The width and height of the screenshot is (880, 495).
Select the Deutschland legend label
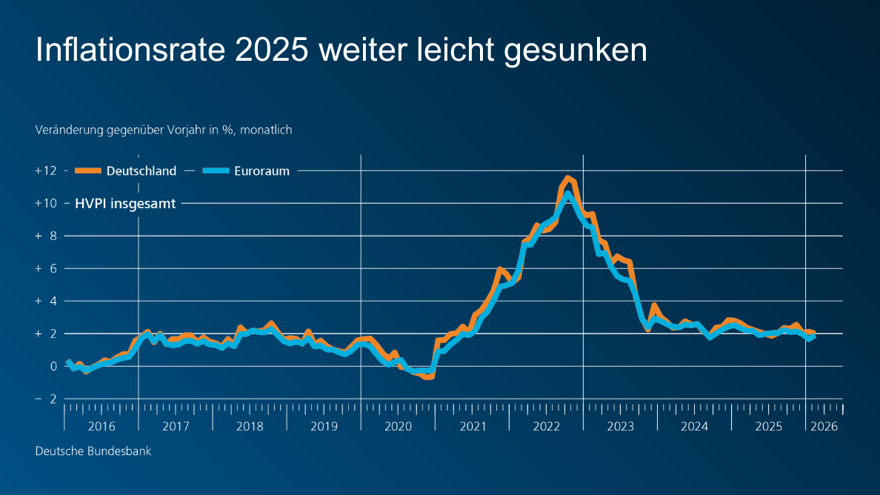pyautogui.click(x=141, y=170)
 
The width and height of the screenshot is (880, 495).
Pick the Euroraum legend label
pyautogui.click(x=261, y=170)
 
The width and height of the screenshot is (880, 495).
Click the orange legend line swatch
pyautogui.click(x=87, y=170)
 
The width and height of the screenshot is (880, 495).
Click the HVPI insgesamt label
pyautogui.click(x=125, y=203)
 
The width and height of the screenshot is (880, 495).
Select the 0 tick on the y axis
pyautogui.click(x=53, y=366)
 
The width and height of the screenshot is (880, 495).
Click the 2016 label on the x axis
pyautogui.click(x=101, y=426)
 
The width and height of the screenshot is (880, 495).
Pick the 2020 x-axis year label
pyautogui.click(x=398, y=426)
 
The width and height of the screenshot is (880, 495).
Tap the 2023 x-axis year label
pyautogui.click(x=620, y=426)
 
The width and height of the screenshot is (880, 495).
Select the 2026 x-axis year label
pyautogui.click(x=824, y=426)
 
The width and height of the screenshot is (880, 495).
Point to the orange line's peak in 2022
pyautogui.click(x=567, y=178)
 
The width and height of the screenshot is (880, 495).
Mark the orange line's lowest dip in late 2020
pyautogui.click(x=428, y=376)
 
